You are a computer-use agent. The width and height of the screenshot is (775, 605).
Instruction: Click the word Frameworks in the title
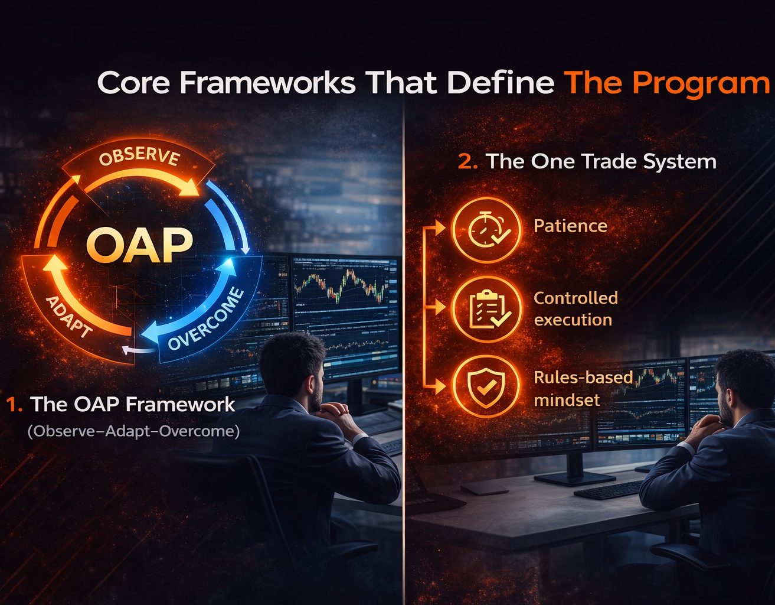tap(267, 83)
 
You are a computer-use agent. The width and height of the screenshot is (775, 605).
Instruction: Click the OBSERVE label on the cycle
tap(139, 157)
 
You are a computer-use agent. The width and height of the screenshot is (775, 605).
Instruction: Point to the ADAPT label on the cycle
tap(68, 316)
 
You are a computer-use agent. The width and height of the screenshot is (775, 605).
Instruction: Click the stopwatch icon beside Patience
tap(486, 230)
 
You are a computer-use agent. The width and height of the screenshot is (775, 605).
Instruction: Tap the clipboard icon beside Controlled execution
tap(487, 309)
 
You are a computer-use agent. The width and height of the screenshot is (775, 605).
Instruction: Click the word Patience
tap(570, 226)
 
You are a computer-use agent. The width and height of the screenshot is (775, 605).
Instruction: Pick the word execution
tap(573, 320)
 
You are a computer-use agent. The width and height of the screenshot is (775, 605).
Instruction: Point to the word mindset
tap(567, 400)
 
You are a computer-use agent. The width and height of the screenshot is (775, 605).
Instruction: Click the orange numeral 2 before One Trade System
tap(467, 162)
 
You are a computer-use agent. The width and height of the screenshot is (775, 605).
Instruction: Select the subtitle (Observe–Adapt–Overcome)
tap(133, 431)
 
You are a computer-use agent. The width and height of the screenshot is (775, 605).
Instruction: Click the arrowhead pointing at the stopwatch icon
tap(440, 227)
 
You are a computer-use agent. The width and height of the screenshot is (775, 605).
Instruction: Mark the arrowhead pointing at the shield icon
tap(440, 386)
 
